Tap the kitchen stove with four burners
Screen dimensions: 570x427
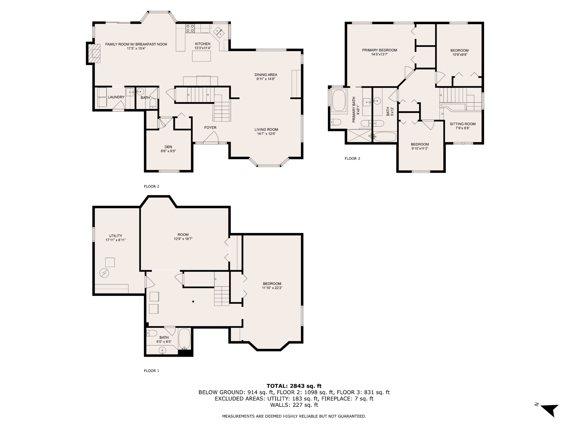(x=190, y=28)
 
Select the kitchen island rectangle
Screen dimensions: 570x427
(x=201, y=56)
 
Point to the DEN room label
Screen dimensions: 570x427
(x=168, y=147)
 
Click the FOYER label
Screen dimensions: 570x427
(x=210, y=127)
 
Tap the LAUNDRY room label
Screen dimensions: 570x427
(x=116, y=97)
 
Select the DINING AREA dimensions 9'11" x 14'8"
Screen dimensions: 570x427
(x=266, y=79)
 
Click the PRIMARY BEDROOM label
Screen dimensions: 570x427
(x=380, y=50)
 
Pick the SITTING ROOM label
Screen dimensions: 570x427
(x=462, y=124)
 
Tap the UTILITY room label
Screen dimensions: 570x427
(x=115, y=236)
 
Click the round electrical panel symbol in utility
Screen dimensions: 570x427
(x=104, y=273)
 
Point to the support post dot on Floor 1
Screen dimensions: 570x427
(x=193, y=301)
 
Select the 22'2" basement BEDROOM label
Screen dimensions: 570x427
(x=272, y=283)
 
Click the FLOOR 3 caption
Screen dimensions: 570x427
(x=352, y=158)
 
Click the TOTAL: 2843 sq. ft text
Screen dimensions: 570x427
(x=294, y=386)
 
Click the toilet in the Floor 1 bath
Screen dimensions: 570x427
(x=152, y=333)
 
